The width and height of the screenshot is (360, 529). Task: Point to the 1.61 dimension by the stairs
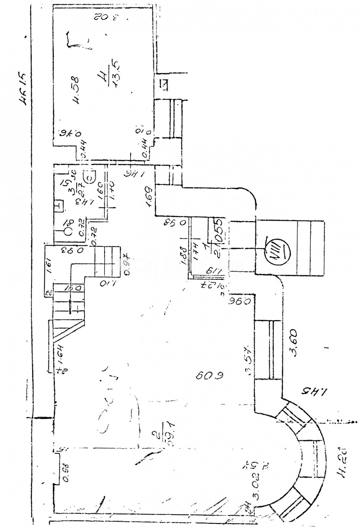tap(49, 266)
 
